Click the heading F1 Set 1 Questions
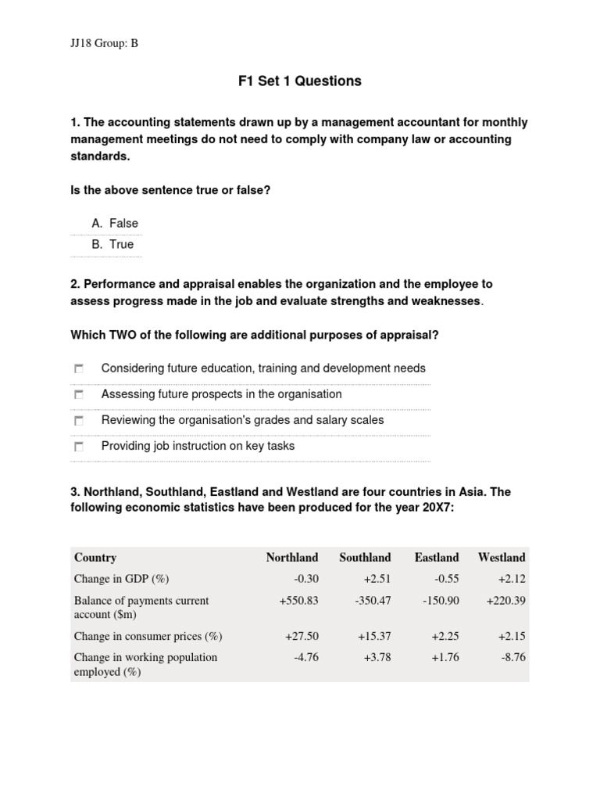coord(300,81)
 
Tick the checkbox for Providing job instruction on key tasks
coord(79,447)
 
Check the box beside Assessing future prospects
coord(79,395)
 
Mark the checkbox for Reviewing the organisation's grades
coord(79,421)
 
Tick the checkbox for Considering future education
coord(79,368)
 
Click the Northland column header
coord(291,558)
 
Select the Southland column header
coord(365,558)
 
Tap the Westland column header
coord(502,558)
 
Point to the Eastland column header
coord(436,558)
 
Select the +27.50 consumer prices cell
coord(302,636)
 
